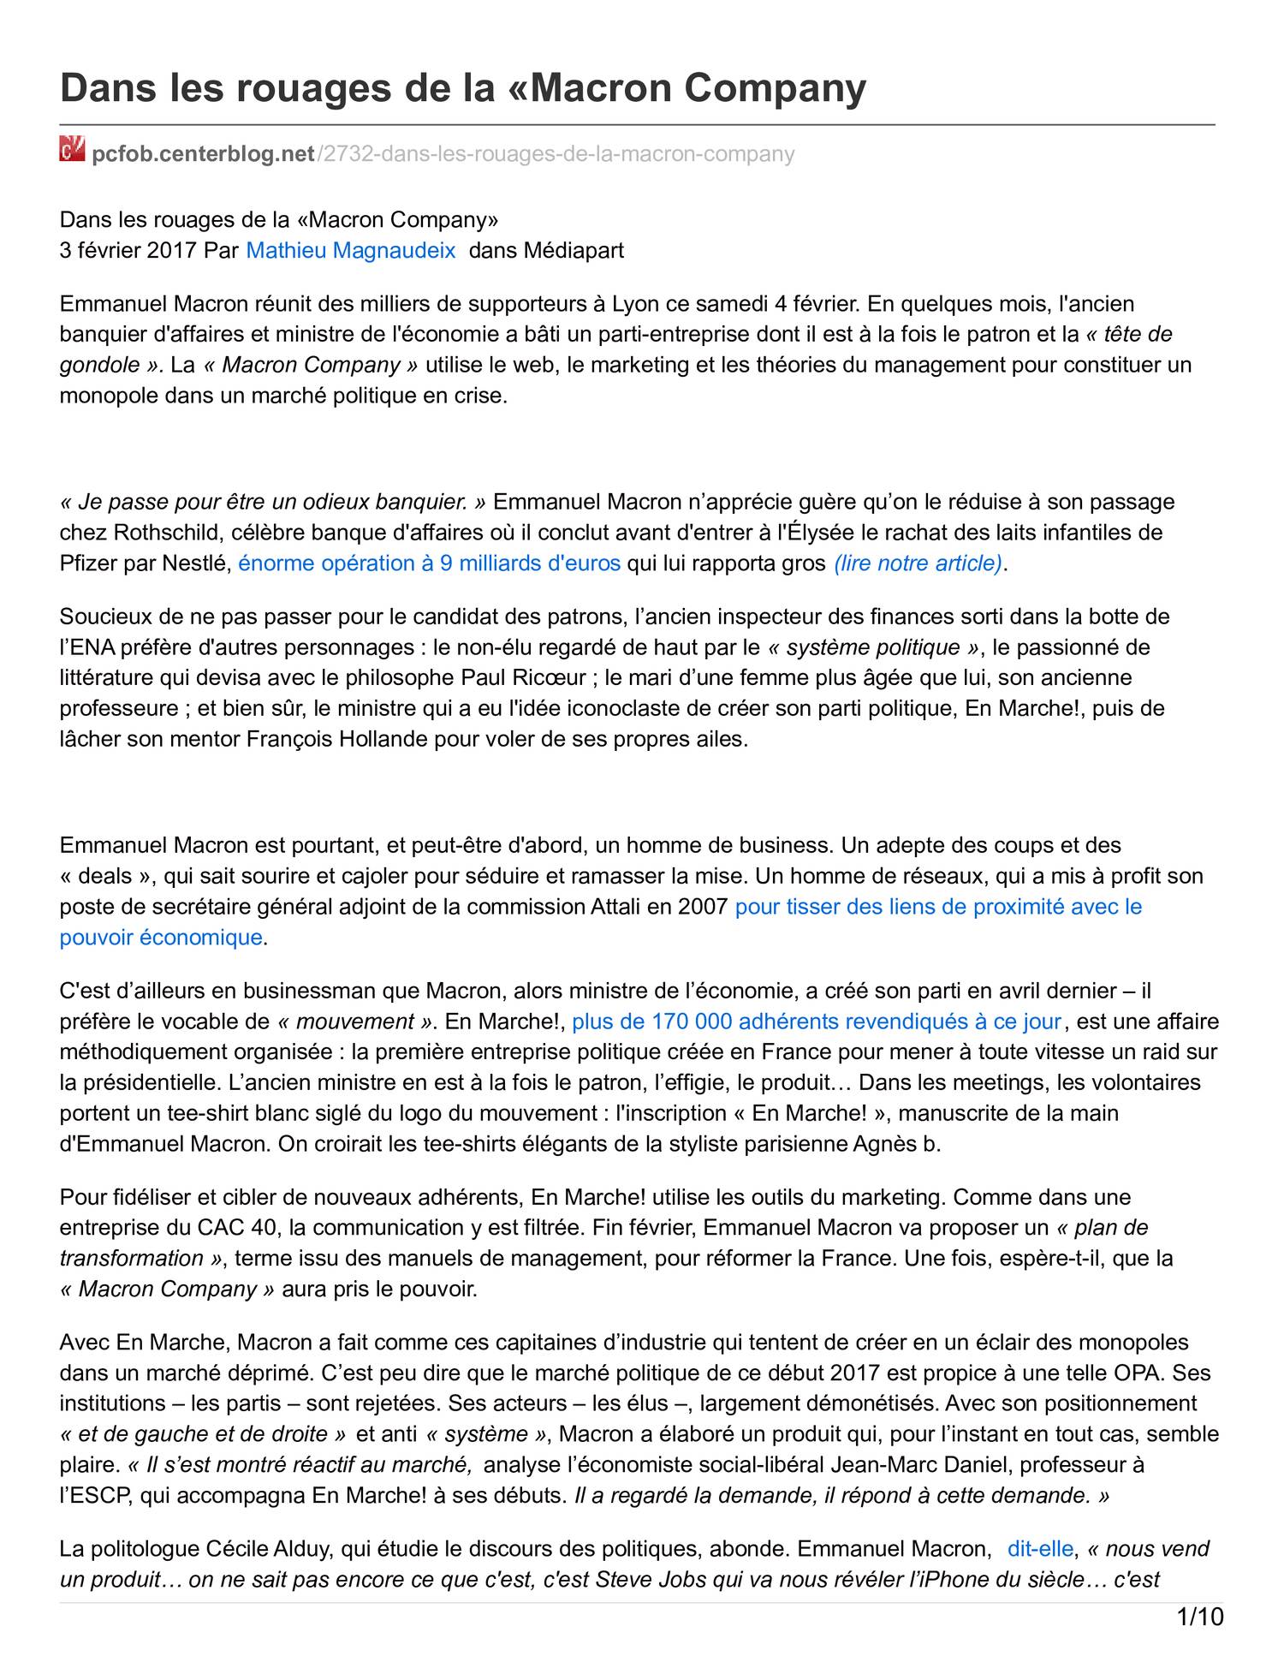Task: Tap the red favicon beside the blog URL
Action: [72, 150]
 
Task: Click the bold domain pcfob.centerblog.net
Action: [204, 154]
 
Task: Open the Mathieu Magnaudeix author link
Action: [351, 250]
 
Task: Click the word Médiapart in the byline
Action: [574, 250]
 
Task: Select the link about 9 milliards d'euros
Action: [429, 563]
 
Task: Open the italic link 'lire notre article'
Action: [918, 563]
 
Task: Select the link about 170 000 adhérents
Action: [817, 1022]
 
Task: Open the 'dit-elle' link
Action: [1040, 1548]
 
